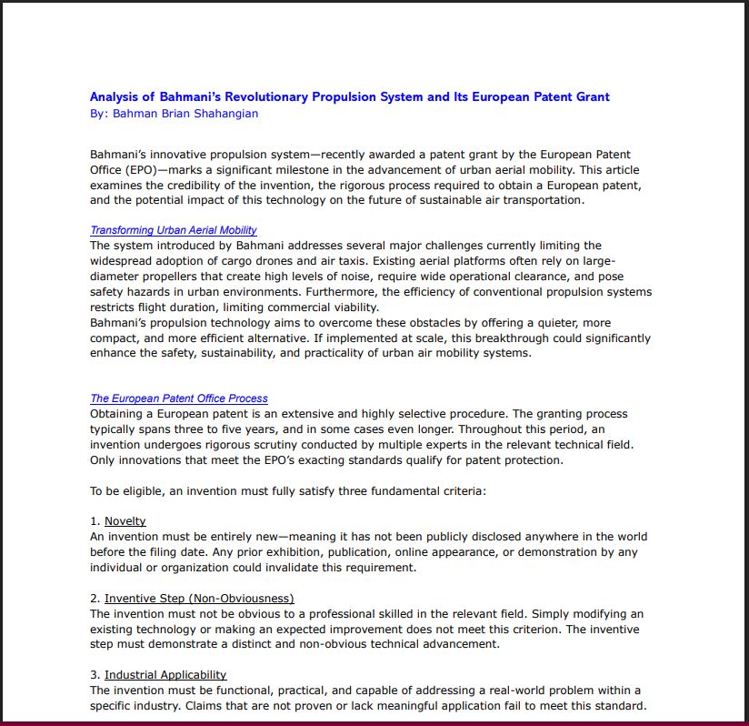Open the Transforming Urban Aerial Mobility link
(x=173, y=230)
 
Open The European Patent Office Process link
(x=178, y=398)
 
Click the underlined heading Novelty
(x=125, y=521)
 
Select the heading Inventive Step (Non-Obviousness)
(x=199, y=599)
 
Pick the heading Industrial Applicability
(x=165, y=675)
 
